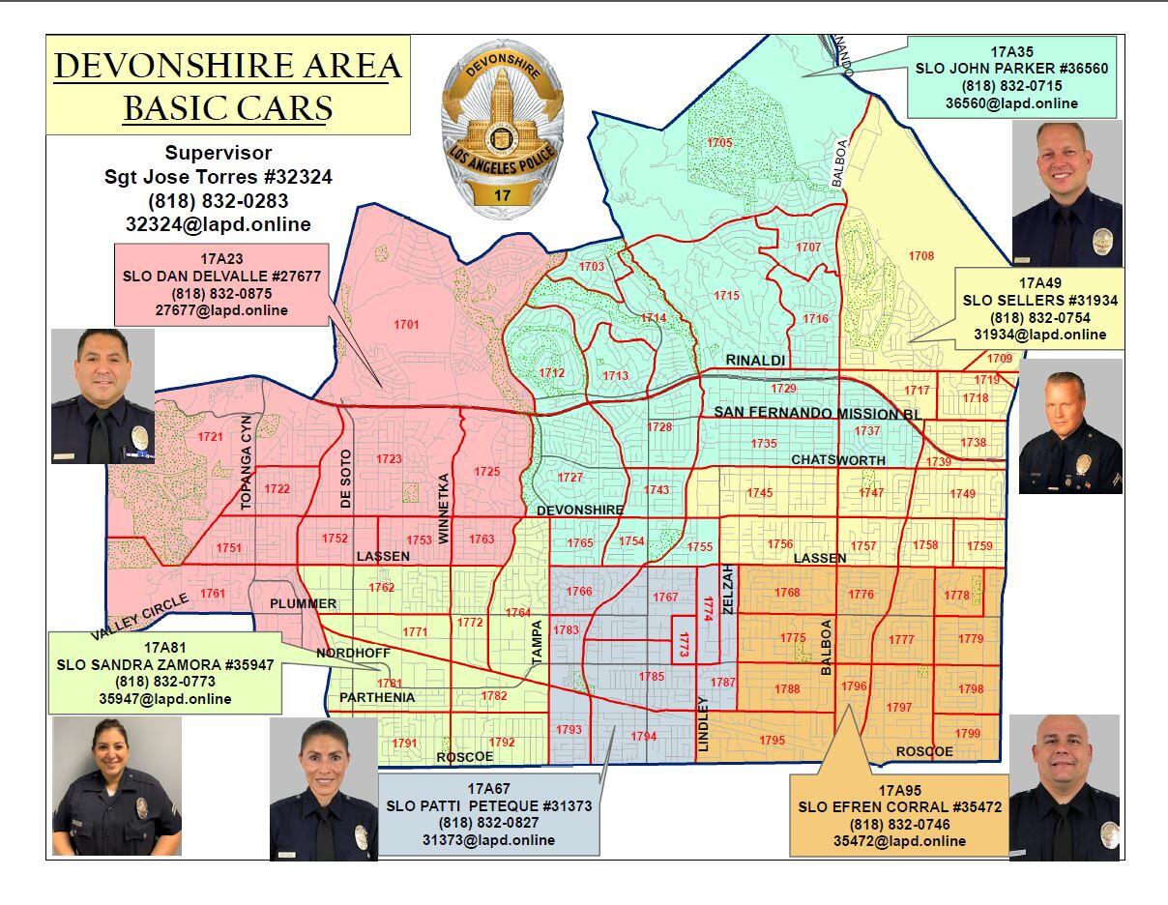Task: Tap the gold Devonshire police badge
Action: tap(501, 131)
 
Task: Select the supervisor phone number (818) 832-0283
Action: tap(218, 201)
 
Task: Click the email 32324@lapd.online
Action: tap(218, 224)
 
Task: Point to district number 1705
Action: tap(719, 143)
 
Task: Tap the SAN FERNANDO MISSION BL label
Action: tap(818, 413)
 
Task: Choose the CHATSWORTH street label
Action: tap(838, 459)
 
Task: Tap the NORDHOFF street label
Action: tap(352, 653)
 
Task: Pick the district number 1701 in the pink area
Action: tap(406, 325)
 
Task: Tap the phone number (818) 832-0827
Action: tap(488, 822)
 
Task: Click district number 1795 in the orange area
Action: tap(772, 741)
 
